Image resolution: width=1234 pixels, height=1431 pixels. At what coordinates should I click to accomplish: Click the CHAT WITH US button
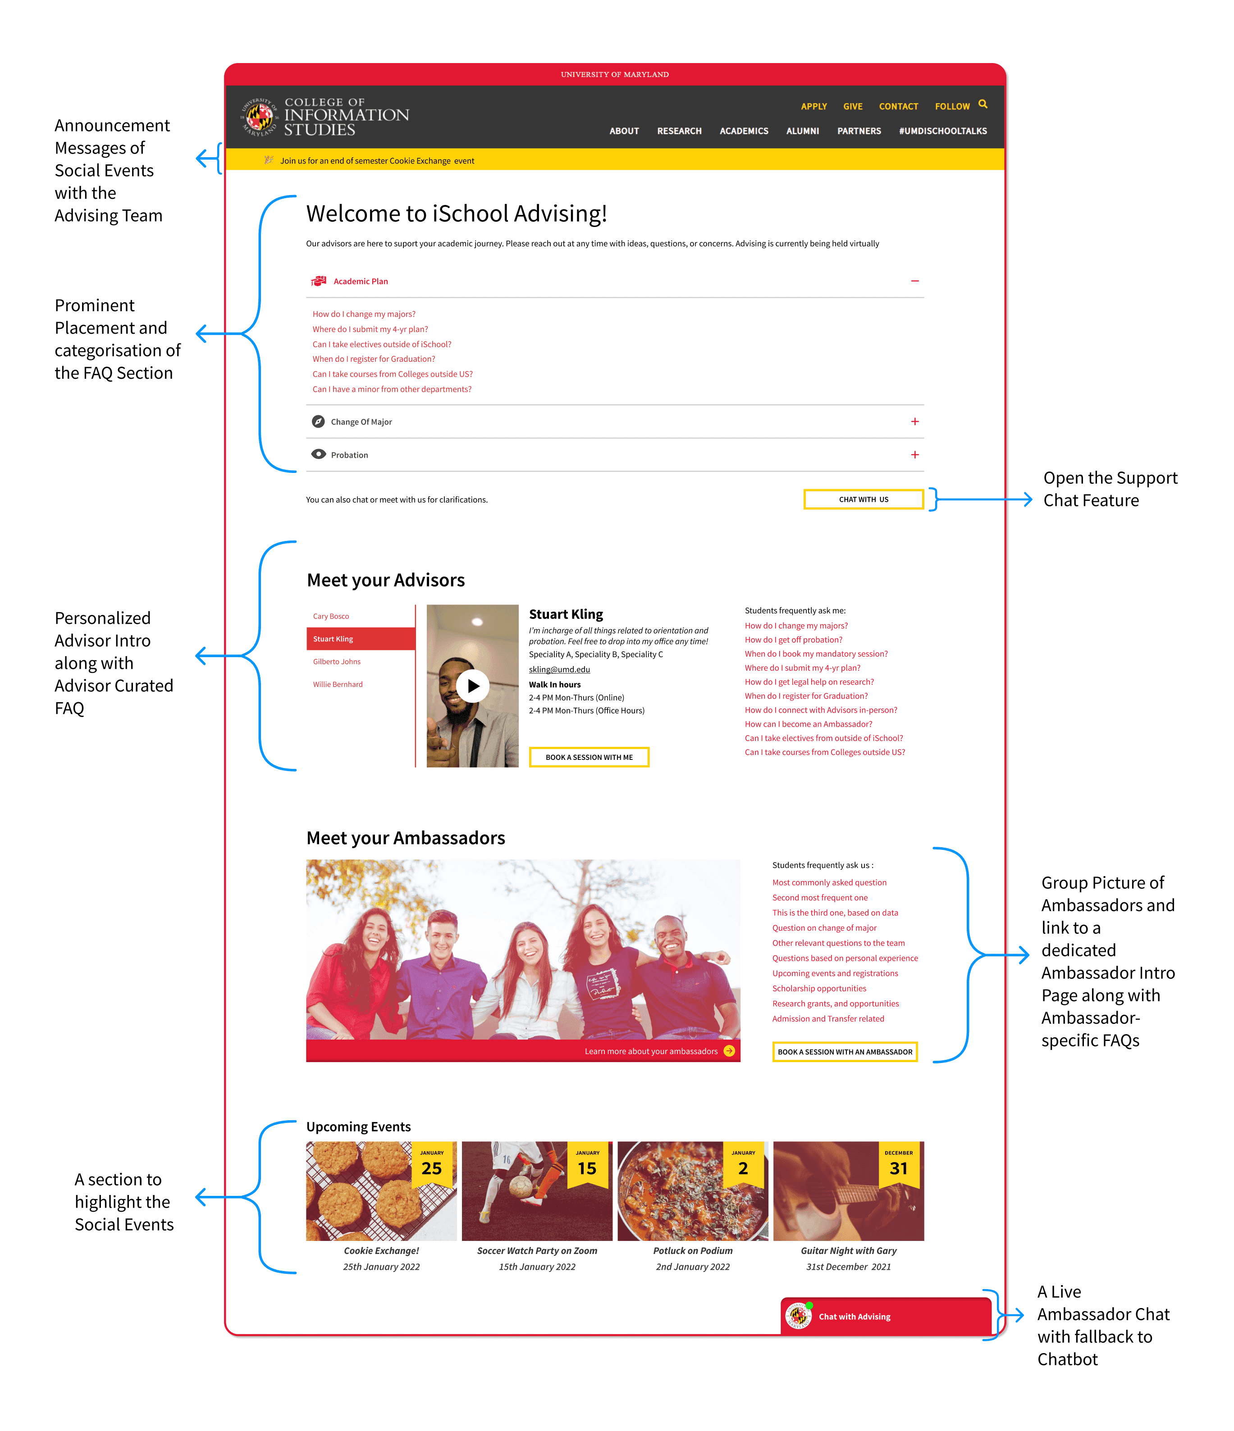[x=863, y=500]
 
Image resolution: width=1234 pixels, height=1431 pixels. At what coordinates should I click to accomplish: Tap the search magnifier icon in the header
[x=983, y=104]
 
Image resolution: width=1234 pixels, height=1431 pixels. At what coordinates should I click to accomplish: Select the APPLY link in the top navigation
[x=813, y=106]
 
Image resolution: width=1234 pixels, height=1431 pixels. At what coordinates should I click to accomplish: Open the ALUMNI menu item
[x=802, y=131]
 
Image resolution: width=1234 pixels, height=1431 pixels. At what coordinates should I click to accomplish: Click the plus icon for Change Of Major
[x=914, y=421]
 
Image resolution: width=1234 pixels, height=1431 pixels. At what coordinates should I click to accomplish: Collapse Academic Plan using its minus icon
[x=914, y=281]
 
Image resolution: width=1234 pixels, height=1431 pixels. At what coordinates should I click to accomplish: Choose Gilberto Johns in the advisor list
[x=337, y=662]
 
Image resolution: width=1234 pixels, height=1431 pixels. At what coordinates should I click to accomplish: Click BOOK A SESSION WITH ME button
[x=589, y=757]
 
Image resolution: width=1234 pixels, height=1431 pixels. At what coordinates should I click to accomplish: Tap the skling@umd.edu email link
[x=559, y=669]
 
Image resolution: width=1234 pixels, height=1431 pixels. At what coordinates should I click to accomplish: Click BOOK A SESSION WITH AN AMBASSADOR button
[x=844, y=1052]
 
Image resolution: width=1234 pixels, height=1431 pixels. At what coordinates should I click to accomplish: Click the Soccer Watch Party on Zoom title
[x=537, y=1251]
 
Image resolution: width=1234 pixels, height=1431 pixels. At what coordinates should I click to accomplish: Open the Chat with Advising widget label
[x=854, y=1316]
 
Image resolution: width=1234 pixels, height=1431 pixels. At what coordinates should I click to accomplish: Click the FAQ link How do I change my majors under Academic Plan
[x=363, y=314]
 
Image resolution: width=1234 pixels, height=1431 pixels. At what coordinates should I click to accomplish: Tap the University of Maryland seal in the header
[x=258, y=117]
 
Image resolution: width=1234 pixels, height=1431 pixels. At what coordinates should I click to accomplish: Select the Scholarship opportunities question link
[x=819, y=988]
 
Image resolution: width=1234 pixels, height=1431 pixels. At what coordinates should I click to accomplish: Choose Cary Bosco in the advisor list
[x=331, y=616]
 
